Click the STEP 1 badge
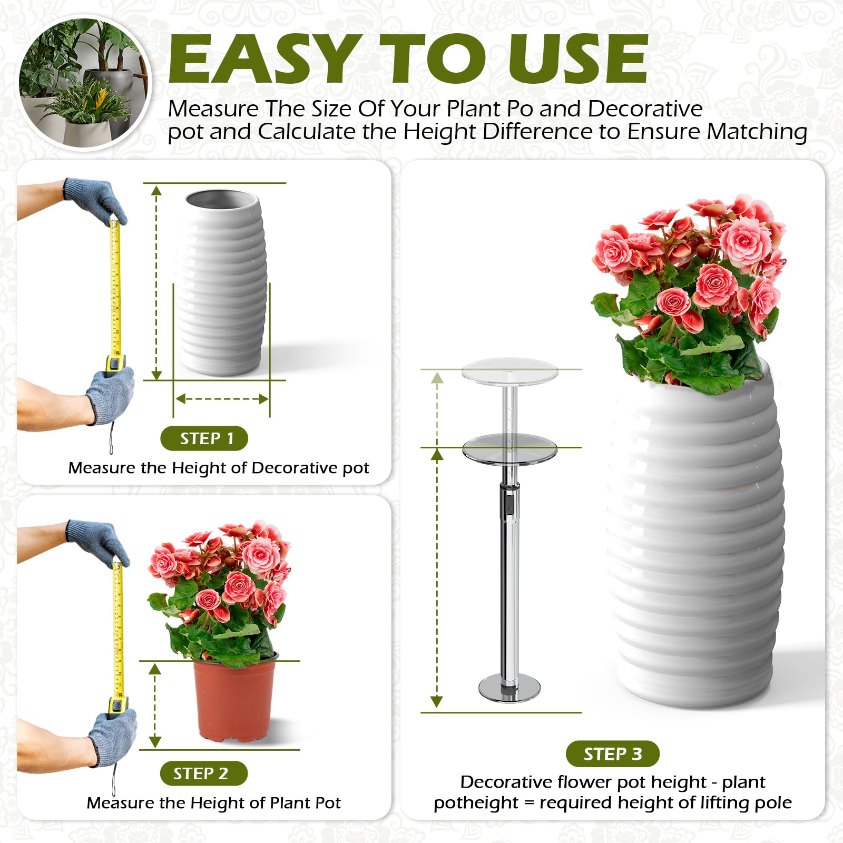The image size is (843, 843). (x=204, y=438)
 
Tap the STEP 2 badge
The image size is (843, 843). (x=204, y=773)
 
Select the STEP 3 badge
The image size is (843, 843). (x=613, y=754)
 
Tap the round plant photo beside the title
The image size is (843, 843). (x=84, y=83)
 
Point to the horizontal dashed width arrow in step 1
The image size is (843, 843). (x=222, y=399)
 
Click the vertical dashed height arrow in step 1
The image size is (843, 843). (x=156, y=282)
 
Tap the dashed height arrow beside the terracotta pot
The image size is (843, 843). (x=155, y=705)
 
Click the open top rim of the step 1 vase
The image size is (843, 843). (x=222, y=200)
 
